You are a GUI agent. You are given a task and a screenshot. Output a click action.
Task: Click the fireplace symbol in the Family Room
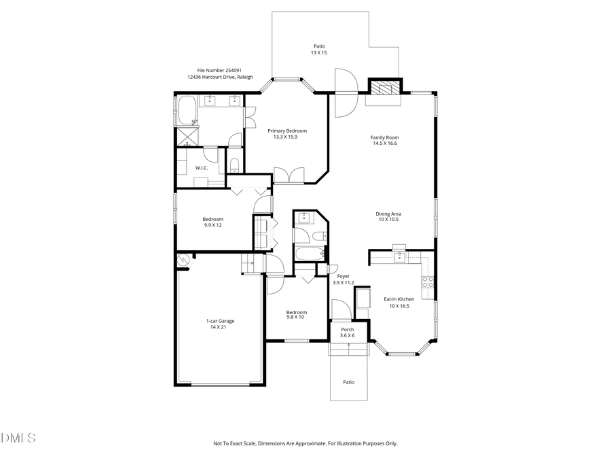(384, 88)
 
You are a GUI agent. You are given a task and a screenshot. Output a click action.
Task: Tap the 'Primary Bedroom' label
(286, 131)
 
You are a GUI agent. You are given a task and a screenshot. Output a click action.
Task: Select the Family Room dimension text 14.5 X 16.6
(384, 143)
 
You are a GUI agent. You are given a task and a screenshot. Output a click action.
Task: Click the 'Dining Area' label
(388, 214)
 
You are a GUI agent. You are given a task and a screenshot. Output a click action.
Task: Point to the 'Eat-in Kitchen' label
(399, 299)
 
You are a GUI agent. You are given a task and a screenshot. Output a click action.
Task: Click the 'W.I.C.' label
(201, 167)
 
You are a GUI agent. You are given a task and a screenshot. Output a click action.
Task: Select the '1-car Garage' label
(221, 321)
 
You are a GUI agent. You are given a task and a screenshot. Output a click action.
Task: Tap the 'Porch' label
(348, 330)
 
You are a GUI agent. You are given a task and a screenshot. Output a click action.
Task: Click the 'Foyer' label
(344, 276)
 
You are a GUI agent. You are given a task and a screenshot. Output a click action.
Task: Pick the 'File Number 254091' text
(219, 70)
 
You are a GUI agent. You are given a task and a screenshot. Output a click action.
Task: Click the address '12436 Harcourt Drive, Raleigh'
(220, 77)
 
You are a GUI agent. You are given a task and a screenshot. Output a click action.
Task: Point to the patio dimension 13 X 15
(319, 52)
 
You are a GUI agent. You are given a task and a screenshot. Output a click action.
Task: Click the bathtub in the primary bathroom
(186, 110)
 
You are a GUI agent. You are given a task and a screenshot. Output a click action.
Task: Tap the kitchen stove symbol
(428, 281)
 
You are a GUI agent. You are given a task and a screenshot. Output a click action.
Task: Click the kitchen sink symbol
(399, 256)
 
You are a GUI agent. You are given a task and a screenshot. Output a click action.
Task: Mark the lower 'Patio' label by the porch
(348, 382)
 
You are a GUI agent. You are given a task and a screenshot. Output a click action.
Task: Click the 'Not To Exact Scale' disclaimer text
(305, 443)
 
